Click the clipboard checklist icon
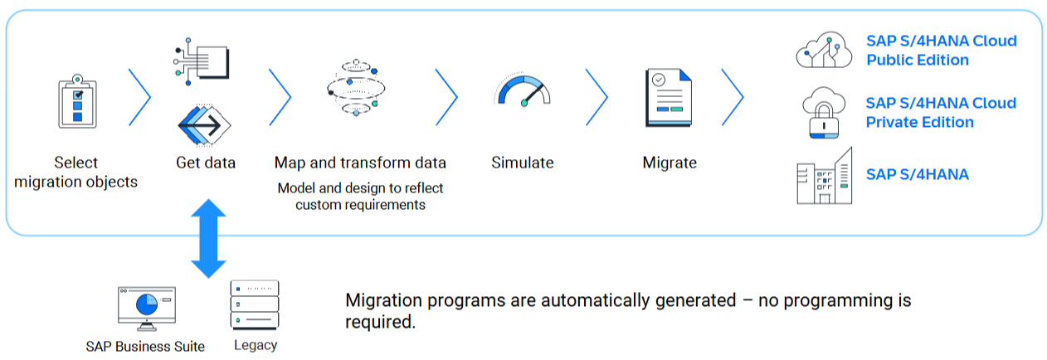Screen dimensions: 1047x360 pos(76,103)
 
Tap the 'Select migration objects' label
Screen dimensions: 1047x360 pos(76,172)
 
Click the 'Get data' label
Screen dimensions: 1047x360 pos(206,163)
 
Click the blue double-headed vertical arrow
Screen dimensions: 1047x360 pos(208,238)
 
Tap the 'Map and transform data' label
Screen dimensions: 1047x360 pos(360,163)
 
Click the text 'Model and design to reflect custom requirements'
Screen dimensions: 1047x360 pos(360,196)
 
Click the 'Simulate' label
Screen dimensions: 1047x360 pos(522,163)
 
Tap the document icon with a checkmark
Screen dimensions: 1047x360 pos(669,97)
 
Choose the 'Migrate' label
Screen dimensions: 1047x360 pos(670,163)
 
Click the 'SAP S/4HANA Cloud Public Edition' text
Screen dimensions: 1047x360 pos(941,51)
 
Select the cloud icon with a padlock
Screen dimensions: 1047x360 pos(823,113)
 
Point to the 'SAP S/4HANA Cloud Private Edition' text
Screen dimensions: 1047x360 pos(941,113)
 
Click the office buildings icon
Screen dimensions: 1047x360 pos(824,176)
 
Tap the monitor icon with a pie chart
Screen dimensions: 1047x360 pos(146,308)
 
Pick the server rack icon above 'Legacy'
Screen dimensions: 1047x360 pos(255,304)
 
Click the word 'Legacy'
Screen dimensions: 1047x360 pos(255,345)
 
